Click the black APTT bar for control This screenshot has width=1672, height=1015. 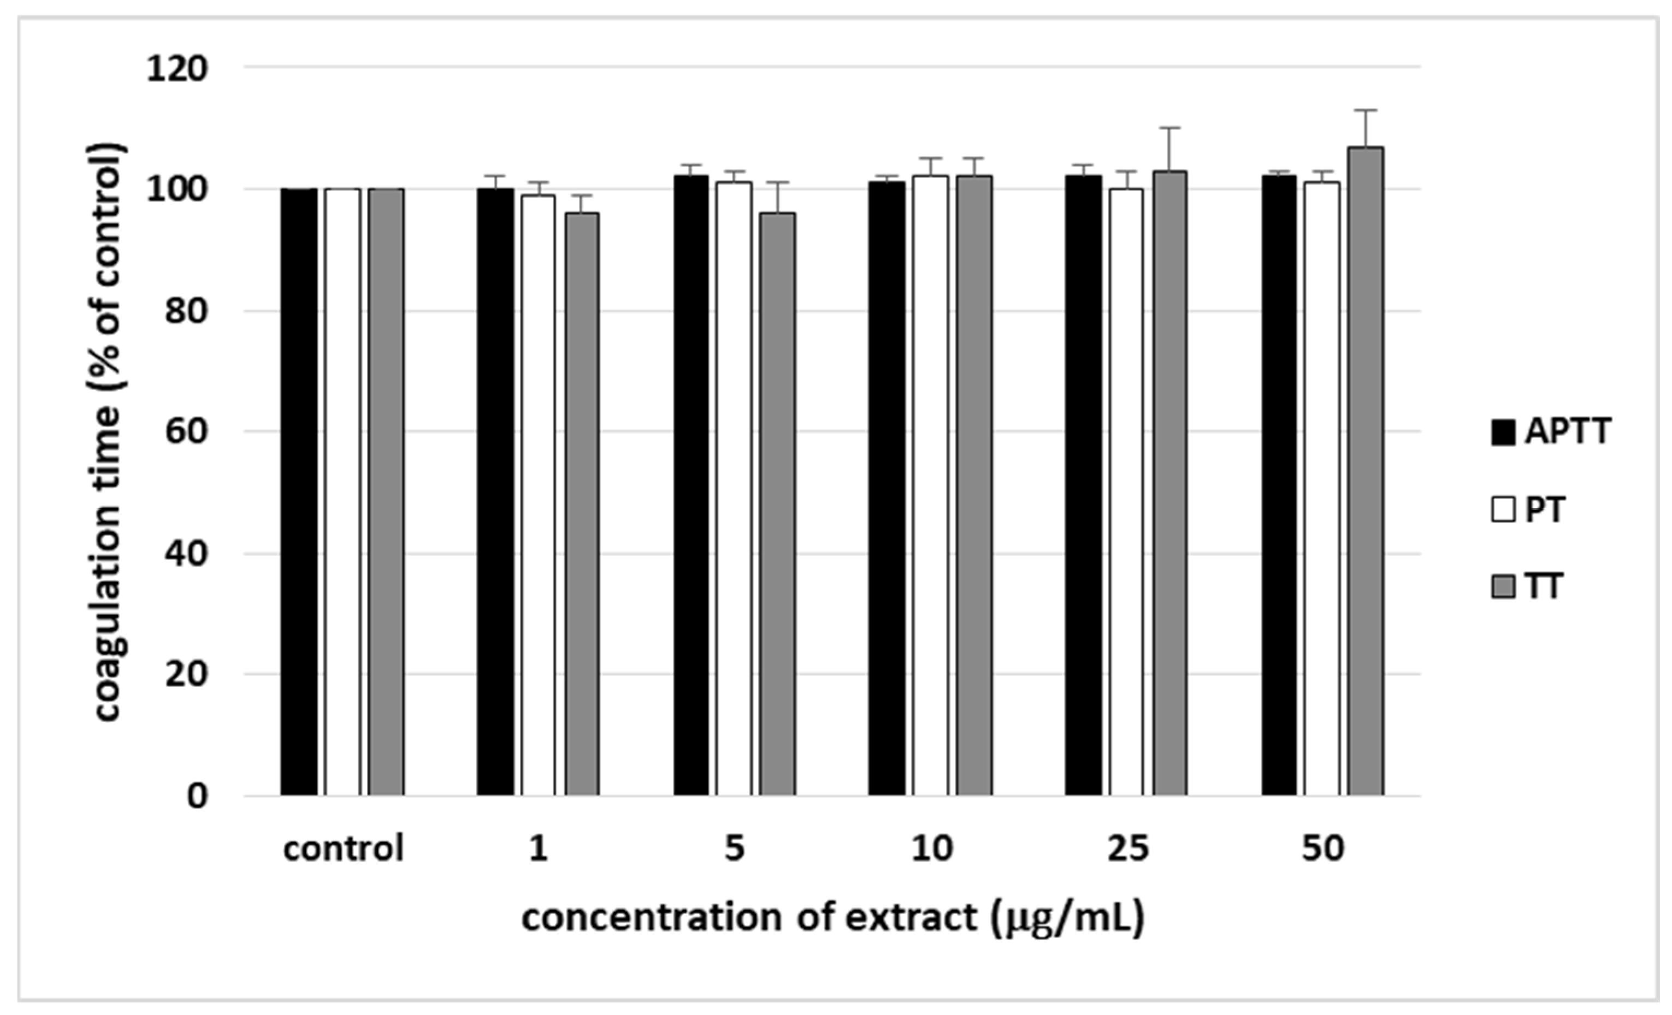pyautogui.click(x=299, y=492)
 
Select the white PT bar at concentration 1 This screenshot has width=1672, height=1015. pyautogui.click(x=538, y=495)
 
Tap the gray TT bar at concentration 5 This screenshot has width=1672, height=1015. pyautogui.click(x=778, y=504)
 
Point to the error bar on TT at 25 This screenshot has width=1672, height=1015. pyautogui.click(x=1170, y=149)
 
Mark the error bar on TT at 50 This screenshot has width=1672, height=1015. pyautogui.click(x=1365, y=128)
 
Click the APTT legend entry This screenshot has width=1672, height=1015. pyautogui.click(x=1551, y=431)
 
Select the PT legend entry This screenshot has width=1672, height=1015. pyautogui.click(x=1529, y=509)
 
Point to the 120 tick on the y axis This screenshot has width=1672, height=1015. pyautogui.click(x=177, y=69)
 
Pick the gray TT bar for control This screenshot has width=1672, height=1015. pyautogui.click(x=387, y=492)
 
